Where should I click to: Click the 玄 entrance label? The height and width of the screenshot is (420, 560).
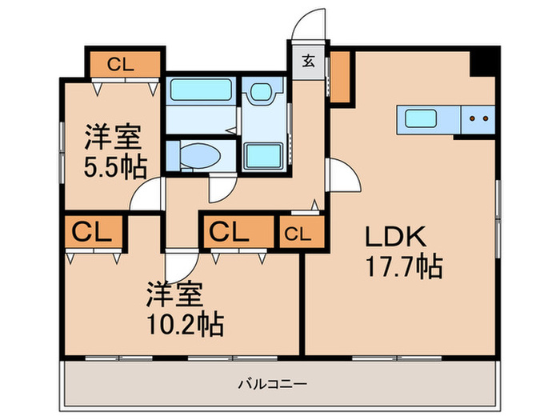click(309, 60)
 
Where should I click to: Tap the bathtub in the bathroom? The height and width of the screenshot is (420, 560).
click(199, 90)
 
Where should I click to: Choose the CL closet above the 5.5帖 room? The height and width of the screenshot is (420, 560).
click(125, 63)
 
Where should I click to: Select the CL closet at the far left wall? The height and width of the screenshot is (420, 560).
click(93, 233)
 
